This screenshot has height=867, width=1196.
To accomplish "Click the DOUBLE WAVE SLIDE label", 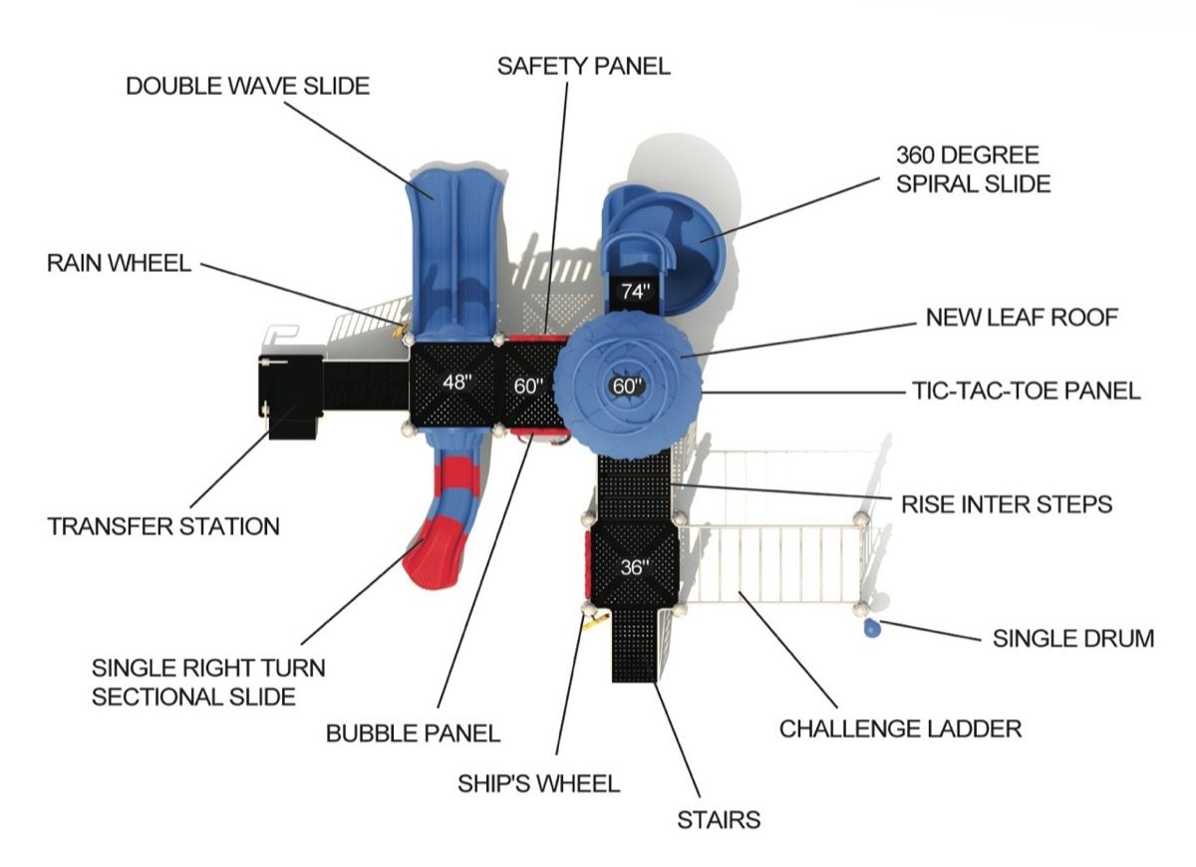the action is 248,86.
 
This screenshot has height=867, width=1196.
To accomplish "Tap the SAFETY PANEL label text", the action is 584,66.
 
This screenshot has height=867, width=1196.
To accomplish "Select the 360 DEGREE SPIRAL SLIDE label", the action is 974,169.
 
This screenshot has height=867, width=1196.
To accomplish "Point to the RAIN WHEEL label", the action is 119,263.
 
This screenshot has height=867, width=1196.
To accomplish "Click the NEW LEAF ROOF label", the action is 1022,317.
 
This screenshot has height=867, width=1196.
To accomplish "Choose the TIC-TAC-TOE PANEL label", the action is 1027,391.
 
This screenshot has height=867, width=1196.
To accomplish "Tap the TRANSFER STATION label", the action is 163,526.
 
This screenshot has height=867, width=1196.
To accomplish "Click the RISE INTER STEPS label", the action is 1007,504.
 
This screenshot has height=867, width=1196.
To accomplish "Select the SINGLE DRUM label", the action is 1073,639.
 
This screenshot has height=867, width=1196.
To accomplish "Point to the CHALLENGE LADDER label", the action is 900,728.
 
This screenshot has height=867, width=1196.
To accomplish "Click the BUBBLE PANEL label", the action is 413,733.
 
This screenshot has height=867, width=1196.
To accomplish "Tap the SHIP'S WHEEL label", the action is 539,783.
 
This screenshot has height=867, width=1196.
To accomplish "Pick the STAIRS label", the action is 719,820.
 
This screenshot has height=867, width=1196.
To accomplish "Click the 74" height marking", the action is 636,291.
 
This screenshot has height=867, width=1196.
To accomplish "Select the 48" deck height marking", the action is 457,383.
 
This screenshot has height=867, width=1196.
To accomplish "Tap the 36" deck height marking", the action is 635,567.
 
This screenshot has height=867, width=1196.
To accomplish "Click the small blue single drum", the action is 871,628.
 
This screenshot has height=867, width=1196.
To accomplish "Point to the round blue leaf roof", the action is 628,386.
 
